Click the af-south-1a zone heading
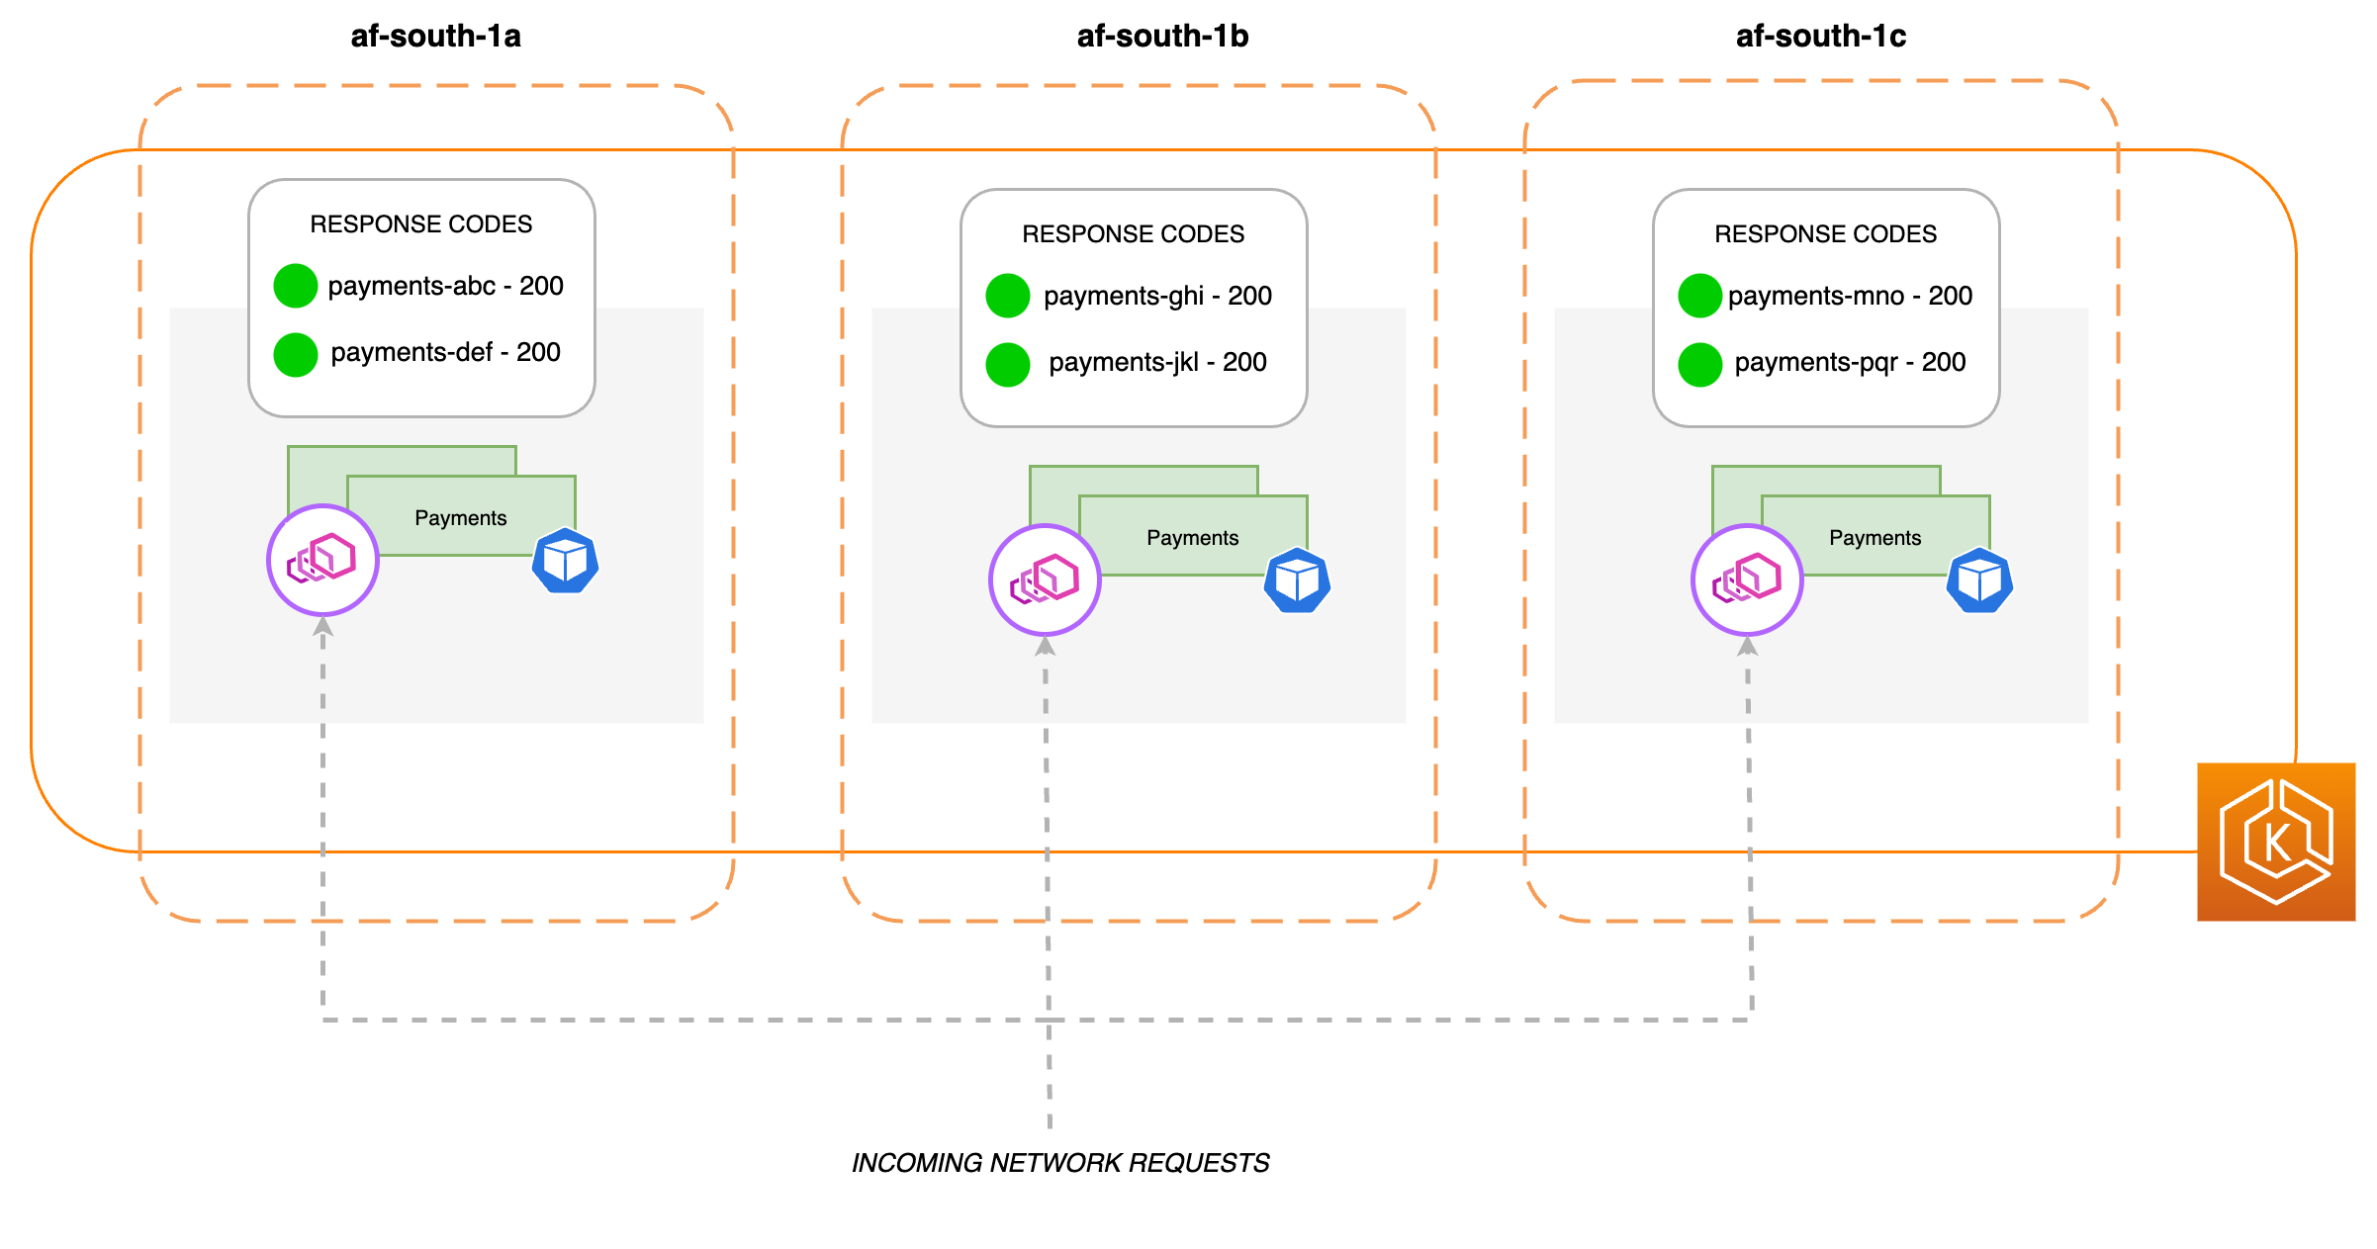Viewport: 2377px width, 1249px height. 435,37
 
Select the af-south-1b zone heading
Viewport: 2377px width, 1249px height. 1162,37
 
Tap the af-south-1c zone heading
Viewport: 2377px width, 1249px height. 1820,37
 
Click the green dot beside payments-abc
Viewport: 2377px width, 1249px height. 296,286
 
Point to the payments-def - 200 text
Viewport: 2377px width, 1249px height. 445,352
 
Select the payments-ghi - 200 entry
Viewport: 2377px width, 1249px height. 1157,296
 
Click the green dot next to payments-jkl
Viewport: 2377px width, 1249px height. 1008,364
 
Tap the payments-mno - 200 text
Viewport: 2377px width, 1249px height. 1850,296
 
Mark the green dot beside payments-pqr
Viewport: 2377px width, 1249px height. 1700,364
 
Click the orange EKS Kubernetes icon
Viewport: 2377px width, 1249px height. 2276,842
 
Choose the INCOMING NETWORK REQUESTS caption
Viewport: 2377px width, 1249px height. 1060,1163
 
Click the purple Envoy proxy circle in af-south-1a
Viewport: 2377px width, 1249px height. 322,561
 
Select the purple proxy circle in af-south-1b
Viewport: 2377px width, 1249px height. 1045,580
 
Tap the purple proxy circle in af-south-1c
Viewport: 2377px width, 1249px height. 1747,580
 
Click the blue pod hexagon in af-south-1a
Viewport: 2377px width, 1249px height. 566,562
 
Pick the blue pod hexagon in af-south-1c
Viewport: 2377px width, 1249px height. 1979,581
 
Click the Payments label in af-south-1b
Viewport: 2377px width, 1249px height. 1192,538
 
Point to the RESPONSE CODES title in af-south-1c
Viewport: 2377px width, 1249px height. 1825,234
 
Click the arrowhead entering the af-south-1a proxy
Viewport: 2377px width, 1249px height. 322,626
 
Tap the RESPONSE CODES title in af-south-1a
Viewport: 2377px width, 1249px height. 420,224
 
